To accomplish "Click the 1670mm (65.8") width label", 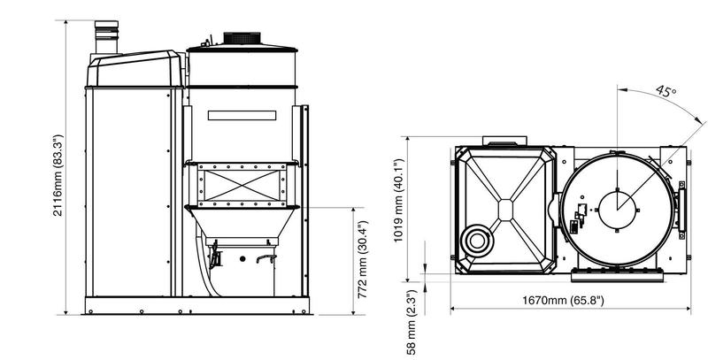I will click(x=558, y=301).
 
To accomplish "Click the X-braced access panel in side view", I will click(x=239, y=184).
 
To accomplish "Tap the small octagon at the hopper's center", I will click(x=504, y=209).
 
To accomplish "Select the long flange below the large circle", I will click(x=618, y=269).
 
